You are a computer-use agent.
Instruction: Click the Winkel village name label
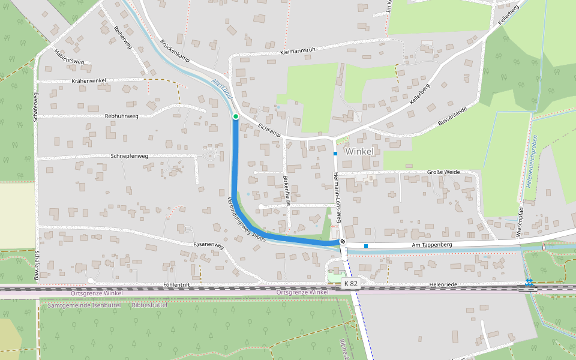[359, 151]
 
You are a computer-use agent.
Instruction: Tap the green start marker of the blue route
[236, 116]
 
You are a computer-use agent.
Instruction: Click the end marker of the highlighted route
[343, 242]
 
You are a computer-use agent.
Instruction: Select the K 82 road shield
[350, 283]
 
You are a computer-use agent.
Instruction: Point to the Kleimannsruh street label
[298, 53]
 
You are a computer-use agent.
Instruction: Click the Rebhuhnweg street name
[122, 116]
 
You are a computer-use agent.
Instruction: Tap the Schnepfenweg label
[129, 156]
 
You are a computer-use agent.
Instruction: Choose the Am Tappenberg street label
[431, 245]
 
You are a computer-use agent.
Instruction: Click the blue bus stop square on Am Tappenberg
[365, 245]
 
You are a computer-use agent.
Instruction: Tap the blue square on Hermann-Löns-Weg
[335, 154]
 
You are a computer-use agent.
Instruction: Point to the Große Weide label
[443, 172]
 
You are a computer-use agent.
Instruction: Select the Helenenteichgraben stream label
[532, 161]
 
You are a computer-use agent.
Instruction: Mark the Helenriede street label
[444, 284]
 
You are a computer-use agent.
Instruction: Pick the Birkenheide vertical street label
[287, 191]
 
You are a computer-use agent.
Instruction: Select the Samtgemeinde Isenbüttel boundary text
[84, 305]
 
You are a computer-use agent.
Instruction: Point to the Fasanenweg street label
[208, 246]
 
